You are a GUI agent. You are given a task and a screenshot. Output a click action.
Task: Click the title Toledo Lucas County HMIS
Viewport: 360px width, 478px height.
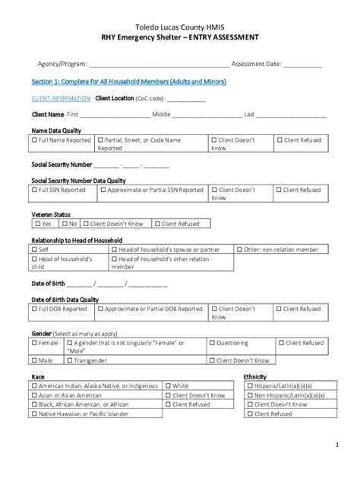point(180,26)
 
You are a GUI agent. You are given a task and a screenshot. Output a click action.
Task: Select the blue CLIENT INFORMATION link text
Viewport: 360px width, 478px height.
point(61,99)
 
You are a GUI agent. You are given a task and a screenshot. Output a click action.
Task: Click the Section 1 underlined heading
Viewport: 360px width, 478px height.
point(128,81)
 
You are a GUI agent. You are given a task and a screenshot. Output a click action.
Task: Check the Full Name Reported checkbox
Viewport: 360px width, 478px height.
point(35,140)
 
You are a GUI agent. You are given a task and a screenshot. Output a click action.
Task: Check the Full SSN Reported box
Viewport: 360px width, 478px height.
point(35,190)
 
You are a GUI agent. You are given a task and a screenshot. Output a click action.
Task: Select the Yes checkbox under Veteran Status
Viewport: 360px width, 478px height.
point(37,224)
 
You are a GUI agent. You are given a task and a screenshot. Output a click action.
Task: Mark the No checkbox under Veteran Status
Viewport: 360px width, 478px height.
point(65,224)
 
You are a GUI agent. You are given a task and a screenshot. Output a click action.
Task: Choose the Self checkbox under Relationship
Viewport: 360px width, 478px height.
point(35,250)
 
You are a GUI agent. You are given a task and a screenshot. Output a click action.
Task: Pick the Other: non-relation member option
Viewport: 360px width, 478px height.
point(240,250)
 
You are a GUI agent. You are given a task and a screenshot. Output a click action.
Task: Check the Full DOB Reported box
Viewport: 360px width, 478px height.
point(35,310)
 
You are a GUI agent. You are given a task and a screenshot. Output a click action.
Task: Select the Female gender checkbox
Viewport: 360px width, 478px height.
point(35,344)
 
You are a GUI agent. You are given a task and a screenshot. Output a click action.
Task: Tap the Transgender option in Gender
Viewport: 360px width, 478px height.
point(77,361)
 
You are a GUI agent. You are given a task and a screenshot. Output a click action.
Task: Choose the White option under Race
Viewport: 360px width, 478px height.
point(166,386)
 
